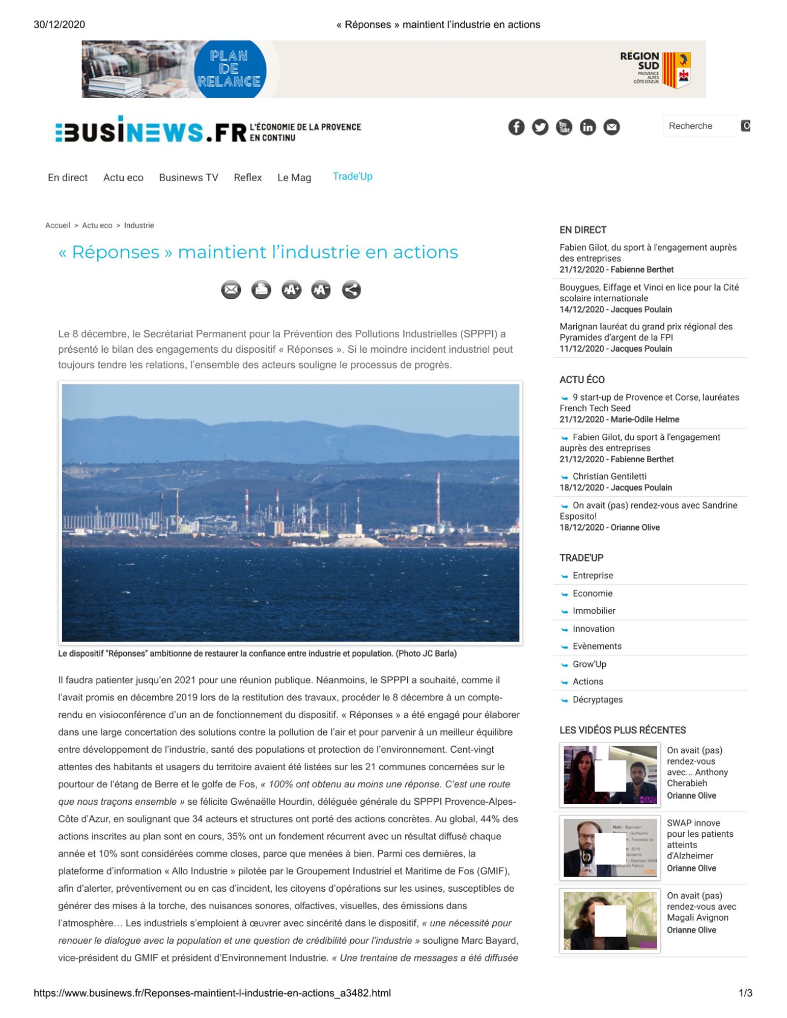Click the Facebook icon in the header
(x=516, y=127)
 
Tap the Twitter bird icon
(x=540, y=127)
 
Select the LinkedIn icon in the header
(x=587, y=127)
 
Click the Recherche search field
(x=700, y=126)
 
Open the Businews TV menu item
(x=188, y=178)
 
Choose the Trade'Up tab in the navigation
(x=352, y=177)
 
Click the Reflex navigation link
(x=247, y=178)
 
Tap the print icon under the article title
(x=261, y=290)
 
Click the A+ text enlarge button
(x=291, y=290)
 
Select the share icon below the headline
(x=351, y=290)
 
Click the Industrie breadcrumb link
(x=139, y=225)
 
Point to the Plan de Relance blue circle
(x=230, y=69)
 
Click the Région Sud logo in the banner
(x=656, y=69)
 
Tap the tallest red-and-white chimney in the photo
(x=438, y=499)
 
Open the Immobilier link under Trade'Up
(x=594, y=611)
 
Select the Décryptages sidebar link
(x=597, y=700)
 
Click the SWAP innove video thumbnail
(x=610, y=847)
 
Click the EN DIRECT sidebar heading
(x=583, y=230)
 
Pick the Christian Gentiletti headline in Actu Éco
(x=609, y=476)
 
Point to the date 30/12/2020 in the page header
(x=59, y=24)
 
